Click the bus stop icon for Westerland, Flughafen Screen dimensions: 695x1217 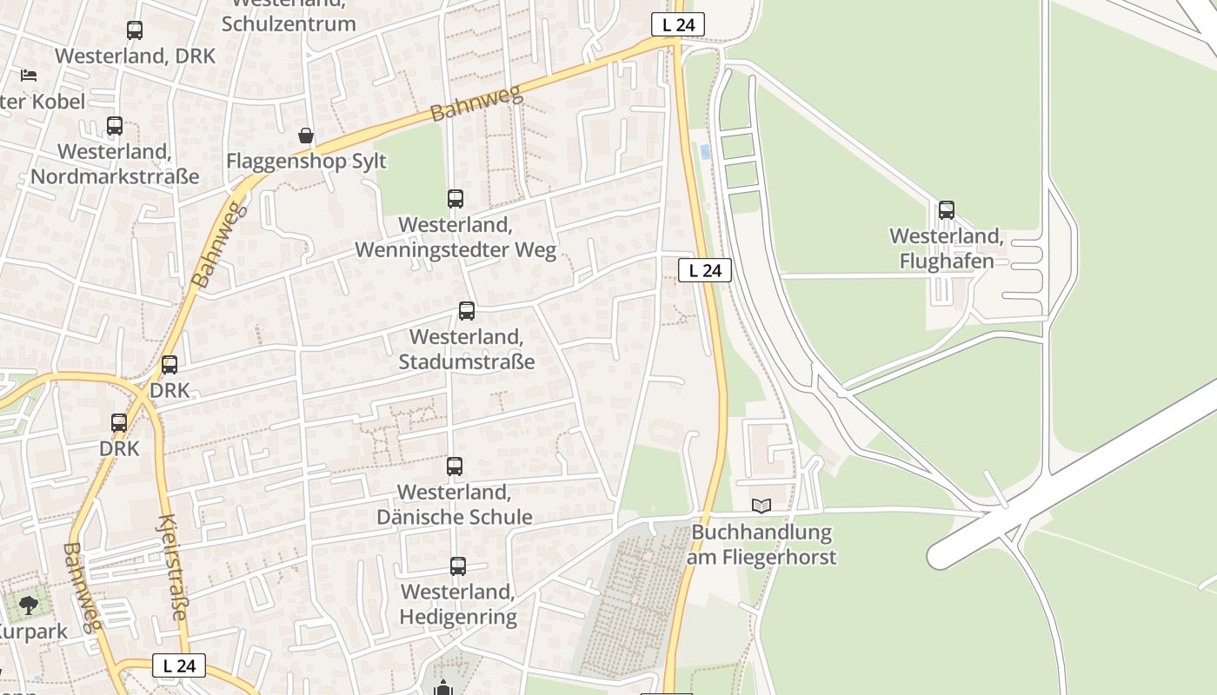coord(946,210)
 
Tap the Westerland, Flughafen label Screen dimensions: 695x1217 coord(946,248)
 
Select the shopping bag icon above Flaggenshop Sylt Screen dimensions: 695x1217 coord(306,136)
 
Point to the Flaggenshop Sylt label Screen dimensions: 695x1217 coord(306,162)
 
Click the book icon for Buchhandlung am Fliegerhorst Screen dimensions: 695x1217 coord(761,506)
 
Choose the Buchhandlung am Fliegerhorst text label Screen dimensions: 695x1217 coord(761,545)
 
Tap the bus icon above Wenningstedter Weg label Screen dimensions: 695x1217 coord(455,199)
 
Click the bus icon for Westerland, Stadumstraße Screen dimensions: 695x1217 coord(467,311)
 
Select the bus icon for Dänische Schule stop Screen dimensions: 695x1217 coord(454,467)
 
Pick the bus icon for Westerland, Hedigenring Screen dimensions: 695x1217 coord(458,566)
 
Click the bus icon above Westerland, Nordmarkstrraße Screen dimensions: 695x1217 coord(115,126)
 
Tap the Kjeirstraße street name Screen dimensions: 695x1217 coord(171,567)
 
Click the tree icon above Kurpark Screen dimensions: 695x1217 coord(29,605)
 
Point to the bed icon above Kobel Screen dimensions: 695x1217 coord(29,76)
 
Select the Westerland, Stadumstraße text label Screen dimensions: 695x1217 coord(467,349)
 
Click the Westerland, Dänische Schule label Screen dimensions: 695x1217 coord(455,505)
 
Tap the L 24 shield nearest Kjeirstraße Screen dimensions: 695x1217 coord(179,665)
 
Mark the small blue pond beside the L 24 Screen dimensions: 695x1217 coord(705,152)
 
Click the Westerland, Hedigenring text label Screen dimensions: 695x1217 coord(458,605)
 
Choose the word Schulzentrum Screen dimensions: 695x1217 coord(289,23)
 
